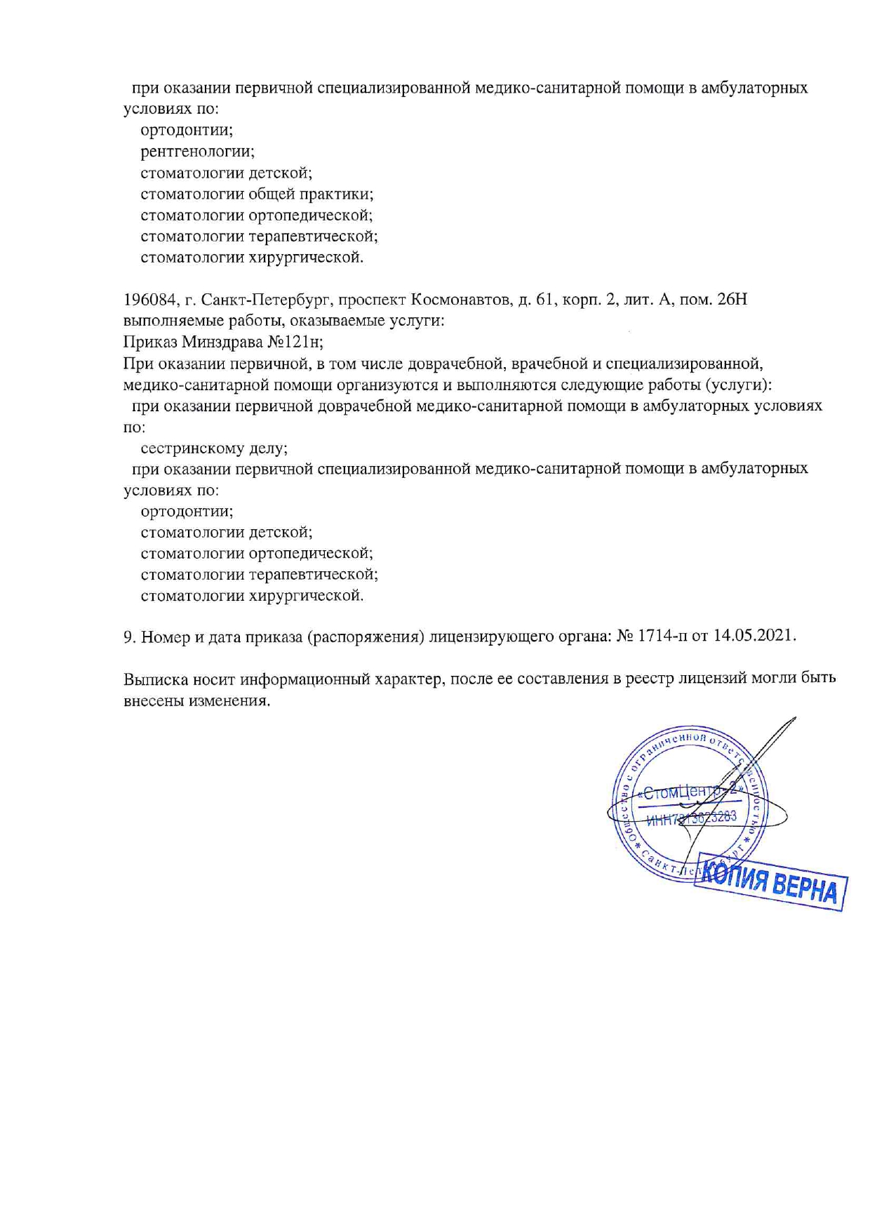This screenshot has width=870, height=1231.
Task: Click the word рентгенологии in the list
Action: pos(197,152)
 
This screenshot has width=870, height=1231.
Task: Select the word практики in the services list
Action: pos(335,194)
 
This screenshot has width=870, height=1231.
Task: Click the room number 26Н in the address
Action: pos(734,300)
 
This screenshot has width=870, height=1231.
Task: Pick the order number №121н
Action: pos(294,342)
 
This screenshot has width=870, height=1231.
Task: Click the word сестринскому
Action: pos(191,448)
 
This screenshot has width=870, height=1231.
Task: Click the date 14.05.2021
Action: pos(755,637)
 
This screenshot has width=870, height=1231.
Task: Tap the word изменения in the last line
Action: pos(229,701)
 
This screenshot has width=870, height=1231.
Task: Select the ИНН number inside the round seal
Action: pos(692,818)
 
